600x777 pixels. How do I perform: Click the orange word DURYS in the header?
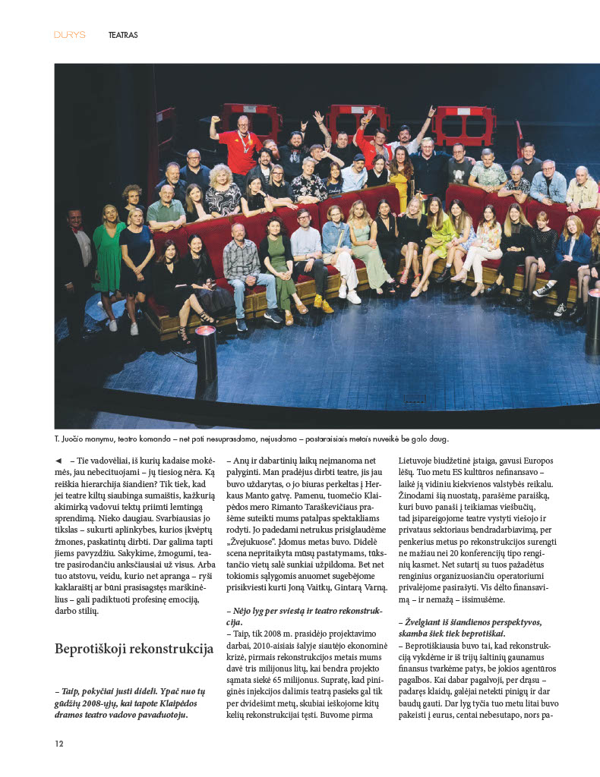tap(69, 35)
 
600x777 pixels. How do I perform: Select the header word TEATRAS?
tap(123, 35)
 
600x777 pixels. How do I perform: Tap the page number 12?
tap(58, 744)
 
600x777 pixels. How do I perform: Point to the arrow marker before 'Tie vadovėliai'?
tap(58, 461)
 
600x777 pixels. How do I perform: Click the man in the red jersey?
tap(241, 144)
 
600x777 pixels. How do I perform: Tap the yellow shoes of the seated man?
tap(323, 305)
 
